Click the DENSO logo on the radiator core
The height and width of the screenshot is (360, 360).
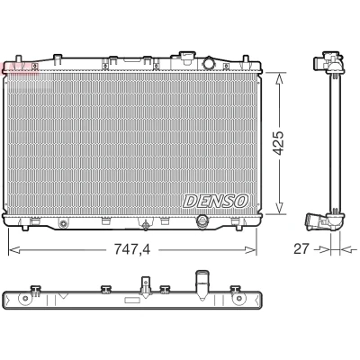tap(216, 201)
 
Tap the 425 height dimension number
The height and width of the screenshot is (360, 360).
tap(279, 143)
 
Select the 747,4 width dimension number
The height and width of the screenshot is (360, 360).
tap(132, 249)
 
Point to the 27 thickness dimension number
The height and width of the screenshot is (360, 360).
tap(301, 248)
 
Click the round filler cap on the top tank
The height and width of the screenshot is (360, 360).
tap(209, 63)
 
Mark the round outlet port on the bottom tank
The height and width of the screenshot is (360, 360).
tap(202, 221)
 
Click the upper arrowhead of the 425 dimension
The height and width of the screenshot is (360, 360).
tap(279, 78)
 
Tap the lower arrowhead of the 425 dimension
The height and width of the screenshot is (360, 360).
tap(279, 208)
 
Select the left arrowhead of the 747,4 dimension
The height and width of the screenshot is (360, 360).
tap(14, 249)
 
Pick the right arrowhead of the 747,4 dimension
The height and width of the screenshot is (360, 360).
tap(251, 249)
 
